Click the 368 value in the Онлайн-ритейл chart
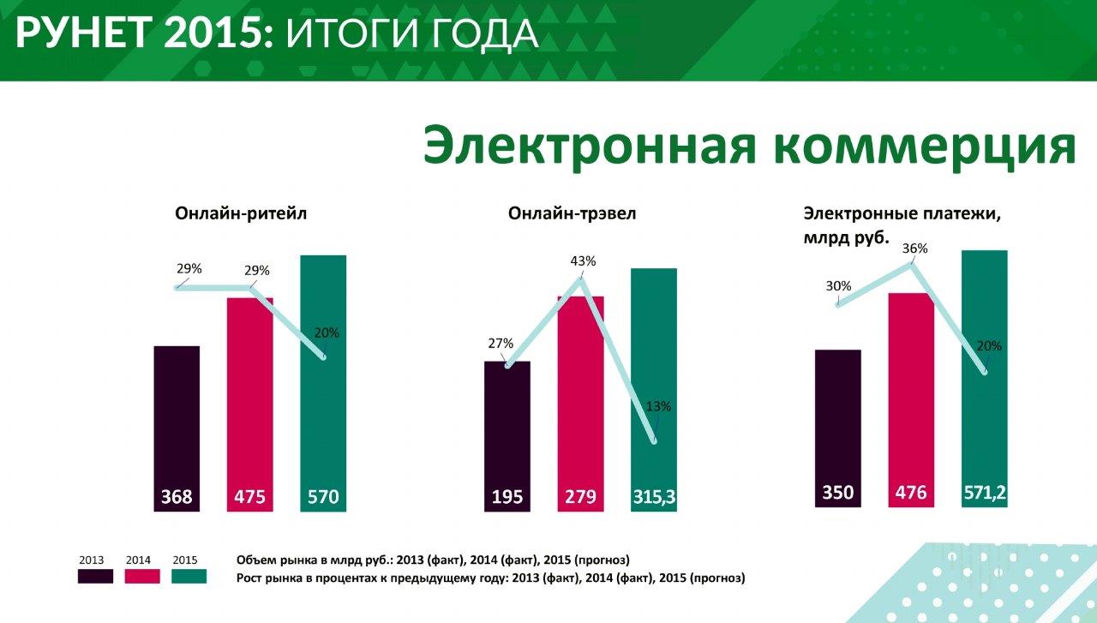tap(177, 497)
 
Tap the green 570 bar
tap(323, 377)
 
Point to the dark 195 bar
tap(507, 428)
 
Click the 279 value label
tap(580, 497)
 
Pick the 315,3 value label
tap(654, 497)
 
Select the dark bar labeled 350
tap(838, 420)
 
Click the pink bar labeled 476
tap(911, 394)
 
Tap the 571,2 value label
tap(985, 493)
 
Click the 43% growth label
tap(582, 261)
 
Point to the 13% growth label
tap(658, 406)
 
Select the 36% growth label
tap(914, 249)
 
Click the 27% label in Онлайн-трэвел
tap(500, 344)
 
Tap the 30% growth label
tap(839, 286)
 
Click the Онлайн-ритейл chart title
tap(241, 213)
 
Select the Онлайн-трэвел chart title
tap(572, 213)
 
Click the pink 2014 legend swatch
tap(142, 576)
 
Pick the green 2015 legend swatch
tap(189, 576)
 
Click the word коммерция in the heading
tap(924, 146)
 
